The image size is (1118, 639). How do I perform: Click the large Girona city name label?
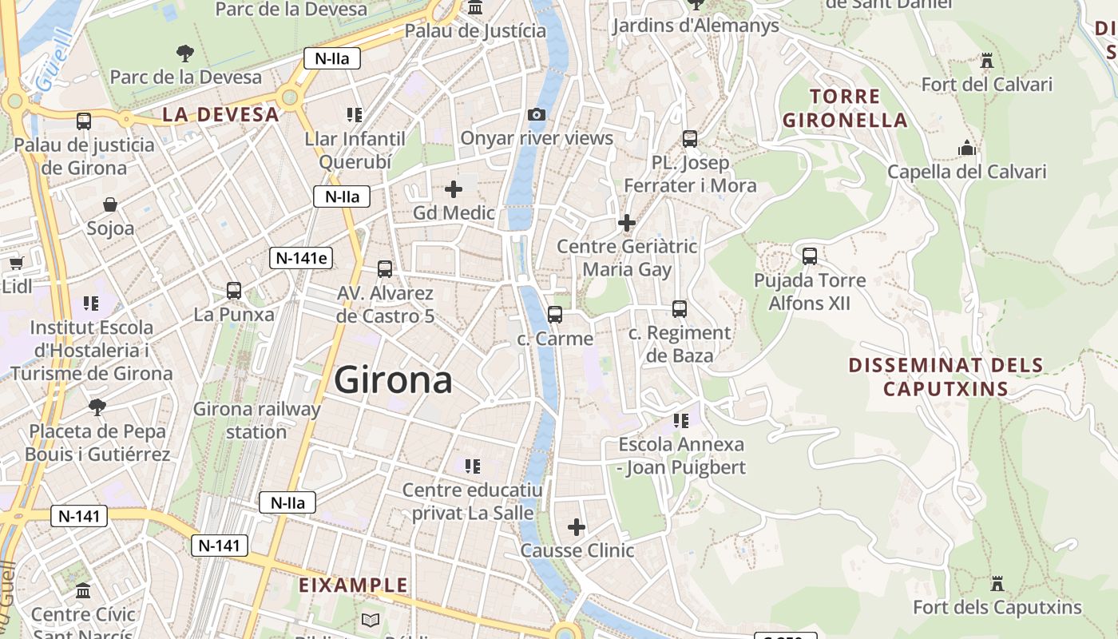[393, 380]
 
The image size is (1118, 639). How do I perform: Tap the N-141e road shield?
[303, 257]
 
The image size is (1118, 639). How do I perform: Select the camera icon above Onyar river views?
[537, 115]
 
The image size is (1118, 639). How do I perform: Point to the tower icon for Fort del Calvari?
[987, 61]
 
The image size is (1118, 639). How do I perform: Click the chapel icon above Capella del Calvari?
[966, 149]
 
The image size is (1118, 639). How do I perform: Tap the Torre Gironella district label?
[845, 109]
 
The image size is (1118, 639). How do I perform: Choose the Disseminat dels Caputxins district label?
[946, 377]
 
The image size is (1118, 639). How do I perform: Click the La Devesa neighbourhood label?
[220, 114]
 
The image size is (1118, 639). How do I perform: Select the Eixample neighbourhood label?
[353, 585]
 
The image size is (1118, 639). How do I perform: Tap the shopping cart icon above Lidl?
[16, 263]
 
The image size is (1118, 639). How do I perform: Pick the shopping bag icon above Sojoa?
[110, 205]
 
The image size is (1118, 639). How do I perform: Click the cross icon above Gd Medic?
[454, 189]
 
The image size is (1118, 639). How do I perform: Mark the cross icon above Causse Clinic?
[577, 527]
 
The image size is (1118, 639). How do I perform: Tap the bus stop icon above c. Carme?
[555, 315]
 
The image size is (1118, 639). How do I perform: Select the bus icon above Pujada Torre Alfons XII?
[810, 256]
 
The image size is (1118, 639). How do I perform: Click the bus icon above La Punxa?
[234, 291]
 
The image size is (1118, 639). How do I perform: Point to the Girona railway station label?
[256, 420]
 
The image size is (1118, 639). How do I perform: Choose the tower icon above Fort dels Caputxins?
[997, 584]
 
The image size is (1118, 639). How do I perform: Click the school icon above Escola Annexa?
[680, 420]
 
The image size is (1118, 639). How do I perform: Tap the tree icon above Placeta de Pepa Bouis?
[97, 407]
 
